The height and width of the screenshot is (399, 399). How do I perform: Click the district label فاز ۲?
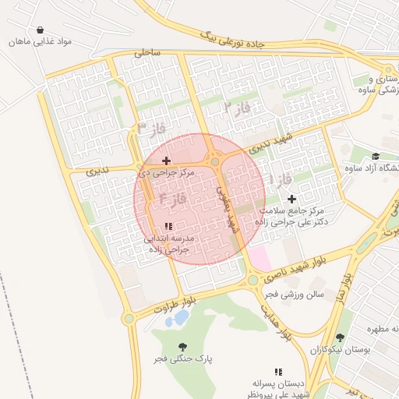click(x=237, y=107)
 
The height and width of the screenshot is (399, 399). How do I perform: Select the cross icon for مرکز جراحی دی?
click(x=166, y=161)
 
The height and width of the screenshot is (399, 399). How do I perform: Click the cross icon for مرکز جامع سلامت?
click(x=291, y=199)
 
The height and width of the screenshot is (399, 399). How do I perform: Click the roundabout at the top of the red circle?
click(x=215, y=162)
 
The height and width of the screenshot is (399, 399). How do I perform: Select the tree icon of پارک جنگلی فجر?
click(x=182, y=347)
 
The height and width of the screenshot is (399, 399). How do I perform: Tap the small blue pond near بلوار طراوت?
click(x=181, y=318)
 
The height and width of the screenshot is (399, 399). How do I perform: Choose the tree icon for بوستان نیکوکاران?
click(x=339, y=338)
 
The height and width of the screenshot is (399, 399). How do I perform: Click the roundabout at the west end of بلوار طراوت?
click(x=129, y=318)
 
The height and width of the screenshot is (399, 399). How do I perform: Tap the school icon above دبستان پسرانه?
click(x=278, y=372)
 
